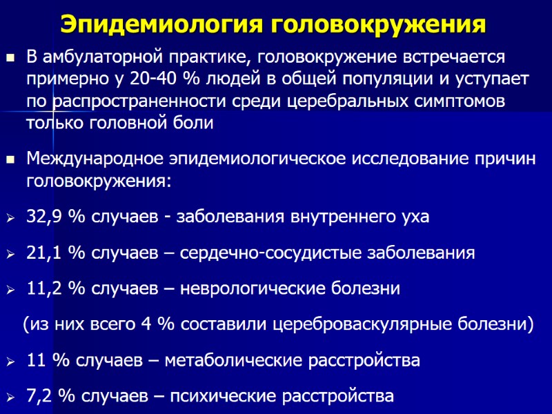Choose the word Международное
coord(95,159)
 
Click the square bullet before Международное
coord(10,160)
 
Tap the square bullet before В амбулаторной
coord(10,57)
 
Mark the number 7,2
coord(40,396)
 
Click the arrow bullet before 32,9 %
coord(10,217)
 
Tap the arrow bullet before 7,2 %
coord(10,397)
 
